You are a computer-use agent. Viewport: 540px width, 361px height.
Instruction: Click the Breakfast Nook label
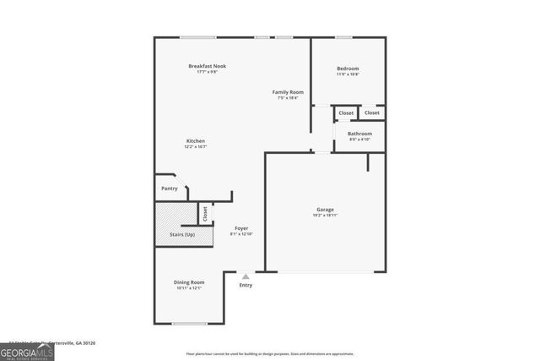[x=207, y=66]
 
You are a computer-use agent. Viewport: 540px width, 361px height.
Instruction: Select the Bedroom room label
[x=348, y=68]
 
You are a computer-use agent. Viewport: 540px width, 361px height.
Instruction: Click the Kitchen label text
[x=196, y=141]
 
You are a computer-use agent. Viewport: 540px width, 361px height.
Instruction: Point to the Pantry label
[x=170, y=189]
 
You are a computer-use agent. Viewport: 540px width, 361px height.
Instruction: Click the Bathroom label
[x=359, y=134]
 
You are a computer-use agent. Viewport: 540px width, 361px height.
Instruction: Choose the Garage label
[x=325, y=210]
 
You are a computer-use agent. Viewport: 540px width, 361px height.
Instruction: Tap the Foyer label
[x=241, y=228]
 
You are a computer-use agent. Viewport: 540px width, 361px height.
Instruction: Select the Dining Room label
[x=189, y=282]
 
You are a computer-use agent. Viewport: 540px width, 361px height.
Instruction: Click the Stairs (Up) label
[x=183, y=233]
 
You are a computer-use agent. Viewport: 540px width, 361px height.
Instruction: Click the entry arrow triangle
[x=245, y=276]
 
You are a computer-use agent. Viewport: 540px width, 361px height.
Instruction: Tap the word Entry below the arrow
[x=245, y=285]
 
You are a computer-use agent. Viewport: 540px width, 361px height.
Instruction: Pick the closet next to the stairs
[x=204, y=213]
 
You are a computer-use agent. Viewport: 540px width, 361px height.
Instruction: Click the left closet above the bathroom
[x=346, y=112]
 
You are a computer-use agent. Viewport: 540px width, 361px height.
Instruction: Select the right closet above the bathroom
[x=372, y=112]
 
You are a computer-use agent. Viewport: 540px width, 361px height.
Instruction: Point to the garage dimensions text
[x=325, y=216]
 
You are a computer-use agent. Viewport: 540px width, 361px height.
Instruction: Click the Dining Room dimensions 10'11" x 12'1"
[x=189, y=288]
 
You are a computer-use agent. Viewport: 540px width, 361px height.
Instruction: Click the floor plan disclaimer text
[x=269, y=355]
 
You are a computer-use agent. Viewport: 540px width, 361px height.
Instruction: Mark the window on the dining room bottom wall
[x=189, y=323]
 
